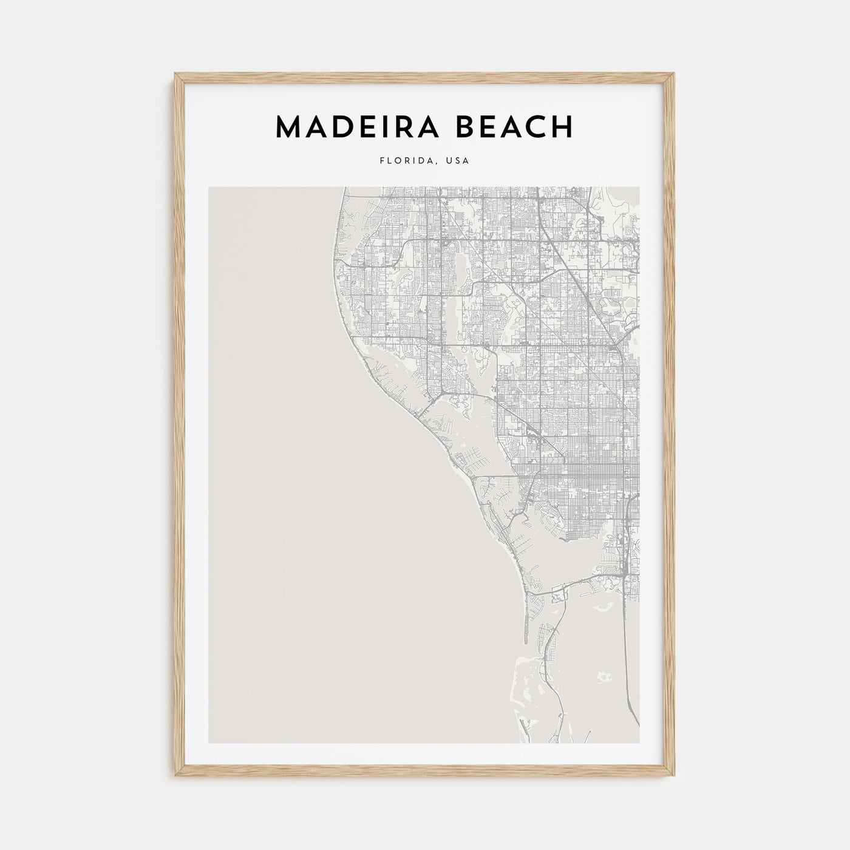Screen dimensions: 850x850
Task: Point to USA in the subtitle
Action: [x=457, y=161]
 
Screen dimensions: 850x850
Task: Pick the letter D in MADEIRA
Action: [x=343, y=126]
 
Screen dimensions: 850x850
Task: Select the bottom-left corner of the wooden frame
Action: [x=176, y=777]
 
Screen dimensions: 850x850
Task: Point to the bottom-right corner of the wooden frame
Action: [x=674, y=777]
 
